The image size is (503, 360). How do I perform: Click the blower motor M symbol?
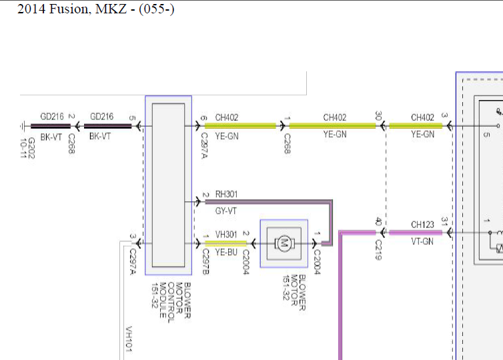(x=284, y=243)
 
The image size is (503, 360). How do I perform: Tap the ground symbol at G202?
(x=23, y=126)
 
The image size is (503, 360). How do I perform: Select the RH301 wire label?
(x=226, y=194)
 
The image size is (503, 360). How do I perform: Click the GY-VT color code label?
(x=226, y=211)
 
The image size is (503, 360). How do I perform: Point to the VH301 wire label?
(x=226, y=235)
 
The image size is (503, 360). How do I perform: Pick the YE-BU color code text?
(x=226, y=252)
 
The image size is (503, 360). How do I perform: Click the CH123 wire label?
(x=422, y=225)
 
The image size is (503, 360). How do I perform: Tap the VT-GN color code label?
(x=422, y=241)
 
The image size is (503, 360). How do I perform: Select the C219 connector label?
(x=378, y=250)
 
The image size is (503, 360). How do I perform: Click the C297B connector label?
(x=206, y=261)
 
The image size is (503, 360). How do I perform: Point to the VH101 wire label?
(x=129, y=339)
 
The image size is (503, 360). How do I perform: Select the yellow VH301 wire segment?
(x=226, y=243)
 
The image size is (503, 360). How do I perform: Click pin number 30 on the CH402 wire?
(x=378, y=116)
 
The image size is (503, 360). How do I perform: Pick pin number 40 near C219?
(x=378, y=222)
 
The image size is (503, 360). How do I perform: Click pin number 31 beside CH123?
(x=444, y=222)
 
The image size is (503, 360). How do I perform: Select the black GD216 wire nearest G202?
(x=51, y=126)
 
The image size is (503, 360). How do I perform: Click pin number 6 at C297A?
(x=203, y=118)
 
